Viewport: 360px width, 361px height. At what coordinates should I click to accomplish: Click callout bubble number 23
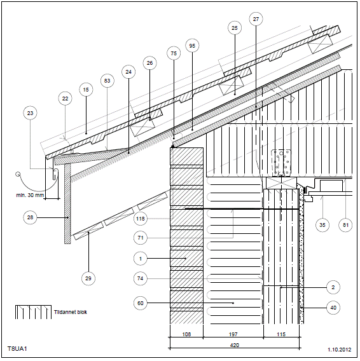point(30,113)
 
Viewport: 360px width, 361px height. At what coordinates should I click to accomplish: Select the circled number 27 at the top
point(256,19)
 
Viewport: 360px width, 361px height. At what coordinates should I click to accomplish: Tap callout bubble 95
point(192,46)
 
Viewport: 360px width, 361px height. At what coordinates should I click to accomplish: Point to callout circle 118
point(141,219)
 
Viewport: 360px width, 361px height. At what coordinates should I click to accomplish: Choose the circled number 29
point(88,278)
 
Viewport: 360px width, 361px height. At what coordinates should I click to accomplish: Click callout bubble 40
point(333,308)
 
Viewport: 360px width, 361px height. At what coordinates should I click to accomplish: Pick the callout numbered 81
point(345,225)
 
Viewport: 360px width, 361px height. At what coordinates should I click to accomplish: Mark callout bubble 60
point(141,303)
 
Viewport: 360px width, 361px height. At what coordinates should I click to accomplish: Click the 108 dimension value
point(186,334)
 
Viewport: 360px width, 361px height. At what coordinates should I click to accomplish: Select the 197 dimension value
point(233,334)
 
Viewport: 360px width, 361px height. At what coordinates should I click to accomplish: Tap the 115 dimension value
point(281,334)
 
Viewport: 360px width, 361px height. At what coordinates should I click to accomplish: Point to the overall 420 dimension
point(235,345)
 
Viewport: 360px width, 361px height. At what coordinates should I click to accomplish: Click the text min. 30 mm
point(30,195)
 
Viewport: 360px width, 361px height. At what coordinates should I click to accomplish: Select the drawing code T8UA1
point(17,348)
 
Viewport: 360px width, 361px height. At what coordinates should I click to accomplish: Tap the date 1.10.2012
point(340,350)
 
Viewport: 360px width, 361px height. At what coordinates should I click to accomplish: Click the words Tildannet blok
point(71,312)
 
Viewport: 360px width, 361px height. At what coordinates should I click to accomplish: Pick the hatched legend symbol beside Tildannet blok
point(34,312)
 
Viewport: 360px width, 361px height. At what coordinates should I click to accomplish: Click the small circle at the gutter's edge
point(18,174)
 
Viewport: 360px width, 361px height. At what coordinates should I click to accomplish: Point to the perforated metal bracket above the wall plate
point(281,163)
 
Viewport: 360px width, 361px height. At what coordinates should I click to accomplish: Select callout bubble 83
point(107,81)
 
